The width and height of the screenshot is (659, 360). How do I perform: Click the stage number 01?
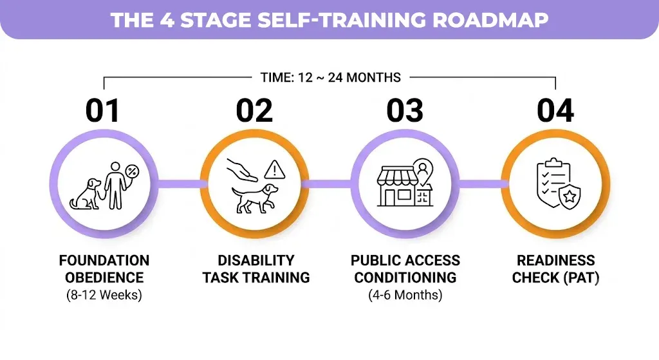103,111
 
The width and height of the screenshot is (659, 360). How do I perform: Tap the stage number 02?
254,111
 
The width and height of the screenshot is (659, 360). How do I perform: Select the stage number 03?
405,111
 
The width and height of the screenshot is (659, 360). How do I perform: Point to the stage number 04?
555,111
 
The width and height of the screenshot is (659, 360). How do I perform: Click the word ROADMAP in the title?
490,20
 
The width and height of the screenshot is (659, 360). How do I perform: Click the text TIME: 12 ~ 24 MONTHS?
330,77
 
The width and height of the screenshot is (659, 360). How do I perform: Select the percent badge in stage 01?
133,171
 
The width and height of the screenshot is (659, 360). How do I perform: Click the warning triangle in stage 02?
275,169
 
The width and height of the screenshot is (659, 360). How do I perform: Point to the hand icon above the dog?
242,169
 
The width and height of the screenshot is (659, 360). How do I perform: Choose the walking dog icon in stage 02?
255,199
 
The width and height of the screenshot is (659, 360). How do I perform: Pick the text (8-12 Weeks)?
104,295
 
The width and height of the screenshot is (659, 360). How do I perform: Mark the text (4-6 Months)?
405,295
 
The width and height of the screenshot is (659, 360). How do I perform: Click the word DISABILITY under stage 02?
256,260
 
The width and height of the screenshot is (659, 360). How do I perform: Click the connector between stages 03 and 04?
483,184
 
